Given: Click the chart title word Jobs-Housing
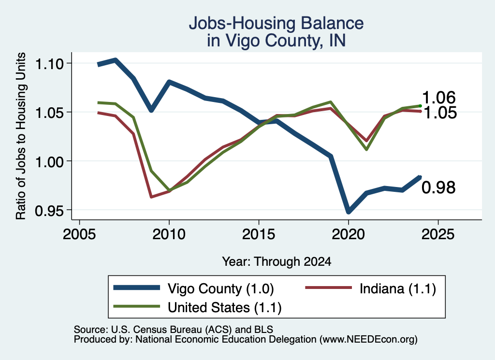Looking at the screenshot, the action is pyautogui.click(x=243, y=23).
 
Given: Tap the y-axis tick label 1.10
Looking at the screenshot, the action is pyautogui.click(x=50, y=64).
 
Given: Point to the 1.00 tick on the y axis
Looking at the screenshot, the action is pyautogui.click(x=50, y=162).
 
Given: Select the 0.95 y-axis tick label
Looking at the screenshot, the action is pyautogui.click(x=50, y=211).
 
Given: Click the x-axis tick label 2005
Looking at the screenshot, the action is pyautogui.click(x=80, y=234).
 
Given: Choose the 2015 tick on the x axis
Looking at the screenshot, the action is pyautogui.click(x=259, y=234).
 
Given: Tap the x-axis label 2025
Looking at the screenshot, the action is pyautogui.click(x=438, y=234).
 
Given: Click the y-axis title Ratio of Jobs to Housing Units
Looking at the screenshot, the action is pyautogui.click(x=20, y=136).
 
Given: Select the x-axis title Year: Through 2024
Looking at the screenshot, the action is pyautogui.click(x=277, y=261).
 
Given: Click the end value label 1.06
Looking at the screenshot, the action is pyautogui.click(x=439, y=98).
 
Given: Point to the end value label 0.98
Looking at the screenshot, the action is pyautogui.click(x=439, y=187).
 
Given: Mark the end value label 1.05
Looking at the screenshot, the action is pyautogui.click(x=440, y=113).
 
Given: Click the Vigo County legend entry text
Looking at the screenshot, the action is pyautogui.click(x=220, y=288).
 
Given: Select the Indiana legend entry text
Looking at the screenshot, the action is pyautogui.click(x=398, y=288).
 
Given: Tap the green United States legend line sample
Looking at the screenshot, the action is pyautogui.click(x=136, y=306).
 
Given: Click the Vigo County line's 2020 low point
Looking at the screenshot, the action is pyautogui.click(x=349, y=212).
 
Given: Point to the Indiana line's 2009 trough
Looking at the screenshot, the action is pyautogui.click(x=151, y=197).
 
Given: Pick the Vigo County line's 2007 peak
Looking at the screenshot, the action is pyautogui.click(x=116, y=60).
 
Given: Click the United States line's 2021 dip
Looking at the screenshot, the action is pyautogui.click(x=366, y=149).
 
